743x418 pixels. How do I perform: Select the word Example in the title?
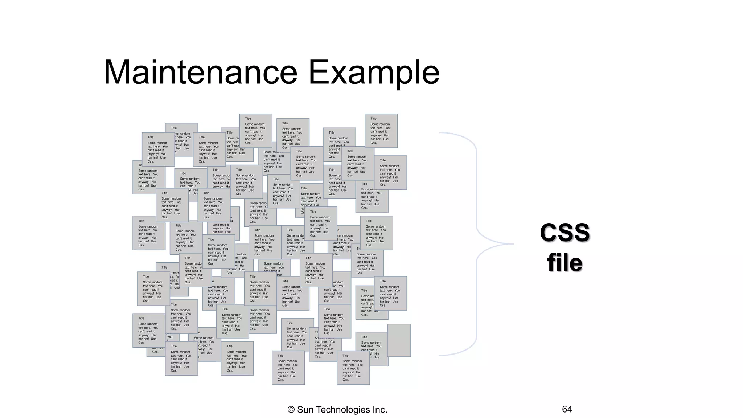(374, 72)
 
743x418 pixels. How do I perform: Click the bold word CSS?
(565, 232)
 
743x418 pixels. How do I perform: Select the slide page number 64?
(567, 409)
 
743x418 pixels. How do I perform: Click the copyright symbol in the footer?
(291, 410)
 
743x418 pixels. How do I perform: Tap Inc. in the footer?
(379, 410)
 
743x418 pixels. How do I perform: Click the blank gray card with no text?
(399, 340)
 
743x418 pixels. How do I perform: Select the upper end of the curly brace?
(441, 133)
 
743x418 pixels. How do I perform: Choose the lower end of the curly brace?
(441, 355)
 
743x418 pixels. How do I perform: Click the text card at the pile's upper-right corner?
(381, 131)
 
